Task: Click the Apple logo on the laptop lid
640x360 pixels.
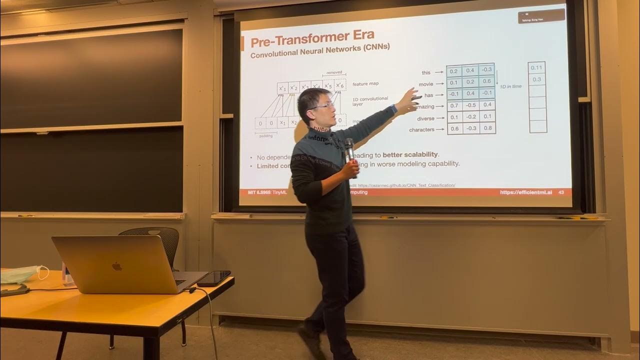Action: (117, 266)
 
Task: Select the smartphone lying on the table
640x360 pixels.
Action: (214, 278)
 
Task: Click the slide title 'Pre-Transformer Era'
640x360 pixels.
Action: (312, 37)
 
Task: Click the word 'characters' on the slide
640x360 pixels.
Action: (421, 130)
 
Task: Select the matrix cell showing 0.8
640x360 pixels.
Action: (487, 128)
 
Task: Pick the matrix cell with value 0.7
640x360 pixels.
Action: (453, 105)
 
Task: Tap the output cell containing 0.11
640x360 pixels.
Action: (536, 68)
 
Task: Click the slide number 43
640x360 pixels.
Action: (561, 192)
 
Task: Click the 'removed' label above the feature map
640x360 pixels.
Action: (334, 72)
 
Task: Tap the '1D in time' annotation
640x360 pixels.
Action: (510, 86)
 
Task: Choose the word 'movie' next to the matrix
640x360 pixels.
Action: (425, 84)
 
